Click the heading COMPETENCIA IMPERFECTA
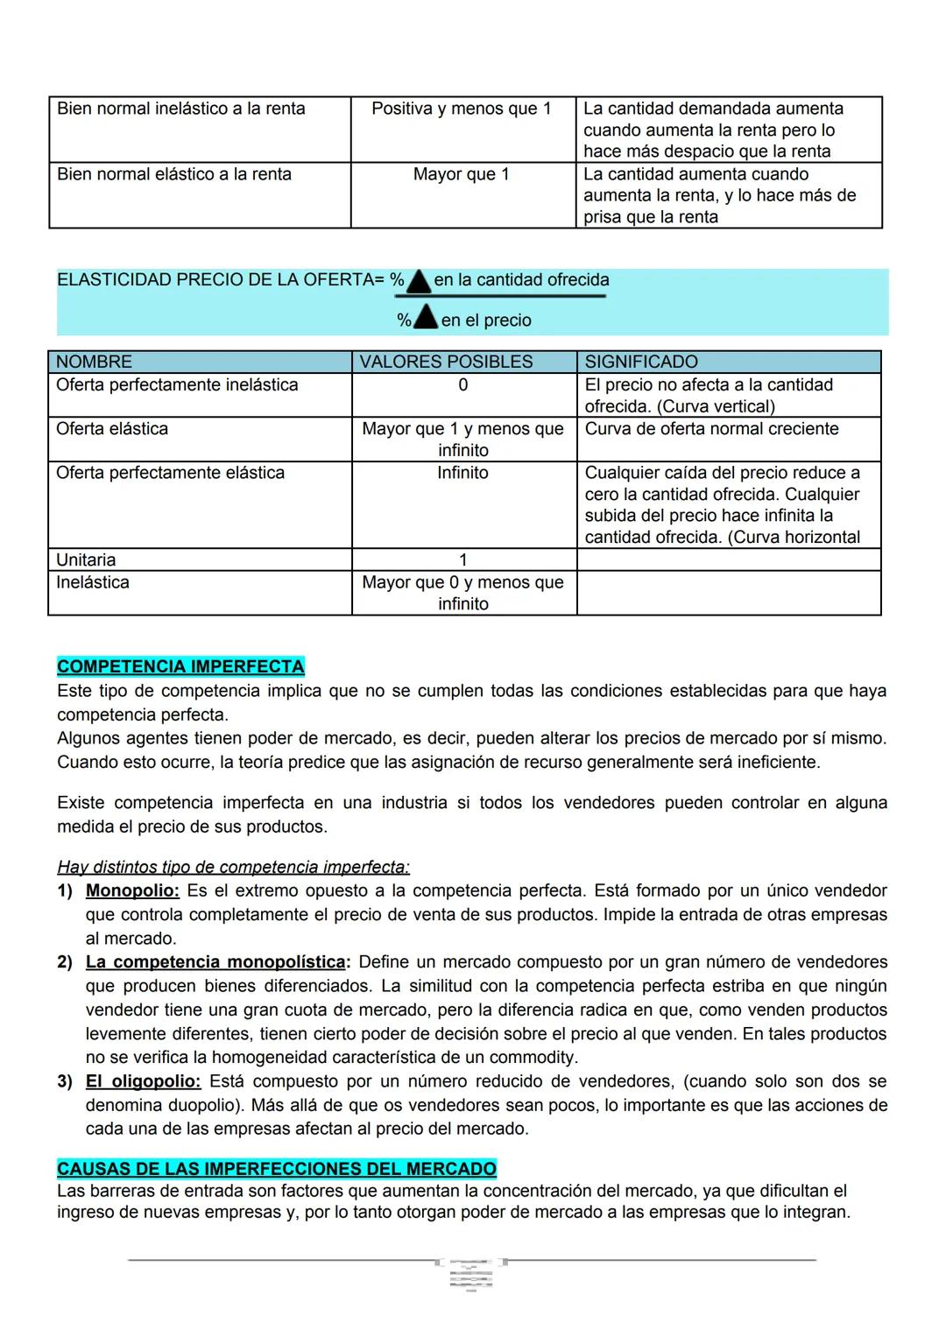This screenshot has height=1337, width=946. point(180,666)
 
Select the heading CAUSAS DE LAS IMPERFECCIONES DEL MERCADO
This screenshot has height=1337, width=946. point(276,1169)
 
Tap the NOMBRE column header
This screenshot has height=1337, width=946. point(94,362)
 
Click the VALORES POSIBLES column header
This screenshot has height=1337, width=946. point(446,362)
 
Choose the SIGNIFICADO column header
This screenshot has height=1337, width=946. point(641,362)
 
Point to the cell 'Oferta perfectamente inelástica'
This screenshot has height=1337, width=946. point(177,385)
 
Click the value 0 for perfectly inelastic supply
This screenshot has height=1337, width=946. point(462,385)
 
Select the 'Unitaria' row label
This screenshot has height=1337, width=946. point(86,559)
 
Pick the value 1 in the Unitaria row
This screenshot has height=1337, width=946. point(462,559)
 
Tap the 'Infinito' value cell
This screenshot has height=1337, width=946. point(462,473)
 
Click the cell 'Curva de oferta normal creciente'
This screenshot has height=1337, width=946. point(711,429)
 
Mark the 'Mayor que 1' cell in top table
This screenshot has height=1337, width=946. point(461,174)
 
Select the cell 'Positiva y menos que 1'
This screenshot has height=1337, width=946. point(461,109)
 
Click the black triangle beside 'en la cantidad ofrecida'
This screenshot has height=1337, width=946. point(419,281)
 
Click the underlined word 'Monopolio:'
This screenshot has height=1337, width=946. point(132,890)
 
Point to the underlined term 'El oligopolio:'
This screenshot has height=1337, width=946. point(143,1081)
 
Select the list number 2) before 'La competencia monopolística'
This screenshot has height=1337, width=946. point(65,962)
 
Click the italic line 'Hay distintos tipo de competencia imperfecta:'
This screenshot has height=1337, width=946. point(233,867)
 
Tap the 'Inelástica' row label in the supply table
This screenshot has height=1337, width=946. point(92,582)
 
